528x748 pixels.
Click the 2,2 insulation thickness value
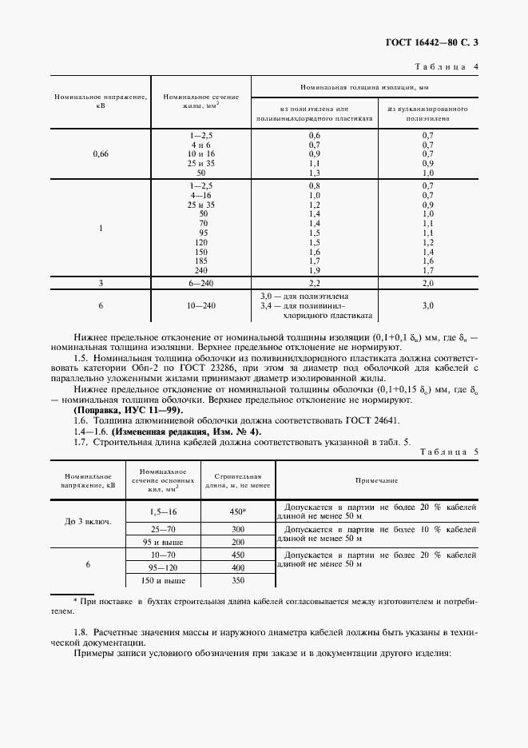click(314, 282)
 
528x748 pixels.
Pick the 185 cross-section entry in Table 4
click(202, 261)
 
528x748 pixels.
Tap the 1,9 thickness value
click(314, 270)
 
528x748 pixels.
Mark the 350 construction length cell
click(237, 580)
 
